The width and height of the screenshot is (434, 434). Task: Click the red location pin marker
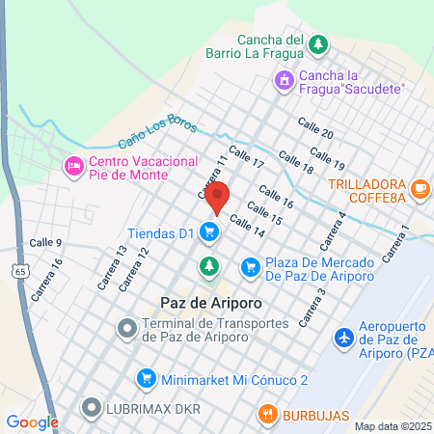pos(218,197)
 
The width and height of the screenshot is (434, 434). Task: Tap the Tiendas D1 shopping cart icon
pos(208,231)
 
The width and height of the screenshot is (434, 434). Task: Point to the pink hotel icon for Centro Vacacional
pos(73,167)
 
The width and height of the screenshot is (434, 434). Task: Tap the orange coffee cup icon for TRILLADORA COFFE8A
pos(420,190)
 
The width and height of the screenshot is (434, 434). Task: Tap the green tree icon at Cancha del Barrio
pos(317,45)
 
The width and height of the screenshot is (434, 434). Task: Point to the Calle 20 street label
pos(315,128)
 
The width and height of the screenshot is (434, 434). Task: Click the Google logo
pos(32,421)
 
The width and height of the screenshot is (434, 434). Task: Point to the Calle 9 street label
pos(45,242)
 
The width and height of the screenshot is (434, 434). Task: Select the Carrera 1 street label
pos(396,242)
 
